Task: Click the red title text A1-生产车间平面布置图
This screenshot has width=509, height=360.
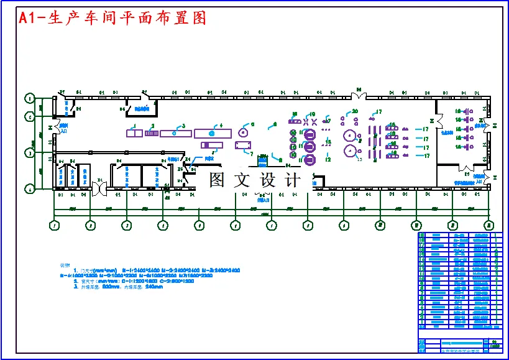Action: [112, 18]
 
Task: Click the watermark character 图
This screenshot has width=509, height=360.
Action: [217, 181]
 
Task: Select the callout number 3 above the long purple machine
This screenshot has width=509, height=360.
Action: [183, 126]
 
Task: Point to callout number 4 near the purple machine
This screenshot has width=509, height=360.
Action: [220, 126]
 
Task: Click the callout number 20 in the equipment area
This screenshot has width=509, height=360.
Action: [355, 111]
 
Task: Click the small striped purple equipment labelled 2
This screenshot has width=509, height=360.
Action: [150, 133]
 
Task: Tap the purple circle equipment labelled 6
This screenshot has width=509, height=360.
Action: [243, 133]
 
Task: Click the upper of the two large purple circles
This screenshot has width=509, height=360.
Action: [350, 136]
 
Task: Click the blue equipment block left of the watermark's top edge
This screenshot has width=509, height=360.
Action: [262, 160]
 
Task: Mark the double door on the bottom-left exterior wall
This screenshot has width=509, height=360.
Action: [99, 188]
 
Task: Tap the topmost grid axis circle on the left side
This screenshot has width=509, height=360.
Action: [29, 98]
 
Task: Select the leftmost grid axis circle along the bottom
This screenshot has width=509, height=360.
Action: [55, 225]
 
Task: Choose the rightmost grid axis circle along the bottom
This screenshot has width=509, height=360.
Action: [489, 225]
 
